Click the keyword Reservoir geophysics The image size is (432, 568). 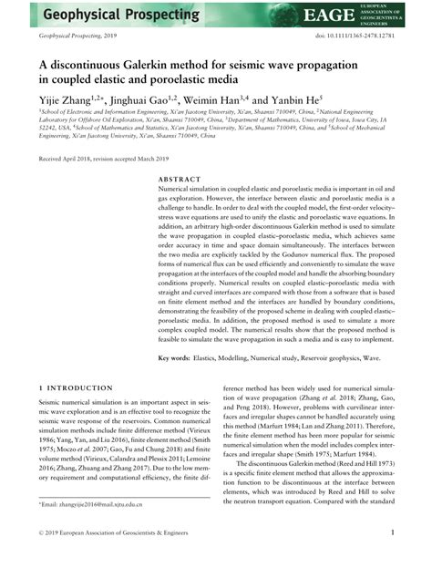point(343,358)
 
